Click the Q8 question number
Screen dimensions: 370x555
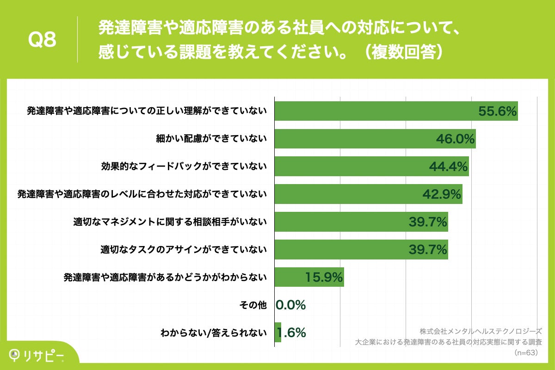(42, 40)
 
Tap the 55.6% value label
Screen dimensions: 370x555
(497, 111)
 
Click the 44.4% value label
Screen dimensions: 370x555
(449, 166)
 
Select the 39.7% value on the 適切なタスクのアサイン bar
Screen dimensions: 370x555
(428, 249)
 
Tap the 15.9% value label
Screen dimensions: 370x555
(324, 277)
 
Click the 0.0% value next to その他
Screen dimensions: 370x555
(291, 305)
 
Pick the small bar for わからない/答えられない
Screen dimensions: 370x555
(278, 332)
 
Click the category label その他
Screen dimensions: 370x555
(253, 305)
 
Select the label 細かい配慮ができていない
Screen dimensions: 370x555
(211, 139)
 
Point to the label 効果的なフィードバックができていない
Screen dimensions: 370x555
(184, 166)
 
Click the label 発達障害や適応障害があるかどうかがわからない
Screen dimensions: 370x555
(165, 277)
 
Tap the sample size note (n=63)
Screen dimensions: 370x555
(524, 352)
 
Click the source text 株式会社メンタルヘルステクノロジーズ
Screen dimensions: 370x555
(481, 332)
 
